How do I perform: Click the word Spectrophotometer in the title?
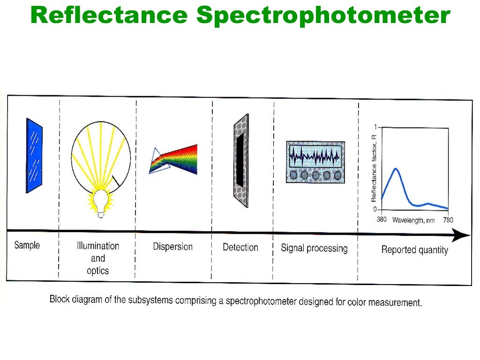(323, 16)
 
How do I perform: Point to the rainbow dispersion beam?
(178, 159)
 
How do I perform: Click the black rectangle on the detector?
(240, 159)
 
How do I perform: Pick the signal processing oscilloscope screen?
(315, 155)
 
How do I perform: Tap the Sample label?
(27, 245)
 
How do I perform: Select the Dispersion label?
(172, 247)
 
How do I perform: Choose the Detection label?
(240, 247)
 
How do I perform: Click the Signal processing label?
(314, 248)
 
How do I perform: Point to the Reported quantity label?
(414, 250)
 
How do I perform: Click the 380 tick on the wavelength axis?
(382, 219)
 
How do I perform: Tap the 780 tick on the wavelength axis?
(447, 220)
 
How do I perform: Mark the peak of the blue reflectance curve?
(396, 169)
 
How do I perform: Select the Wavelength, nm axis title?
(414, 220)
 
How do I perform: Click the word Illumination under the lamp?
(98, 246)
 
